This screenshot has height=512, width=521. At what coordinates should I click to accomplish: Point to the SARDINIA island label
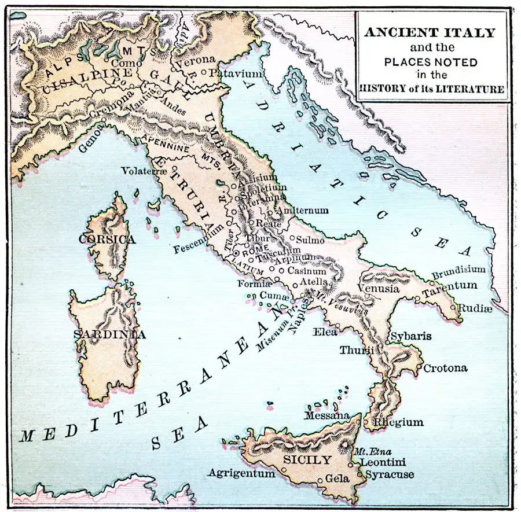tap(110, 335)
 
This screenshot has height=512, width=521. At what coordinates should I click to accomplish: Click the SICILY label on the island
tap(307, 461)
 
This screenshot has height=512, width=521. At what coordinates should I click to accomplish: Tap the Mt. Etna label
tap(368, 452)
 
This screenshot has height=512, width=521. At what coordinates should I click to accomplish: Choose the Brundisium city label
tap(458, 270)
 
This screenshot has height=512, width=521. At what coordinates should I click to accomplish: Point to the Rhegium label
tap(398, 423)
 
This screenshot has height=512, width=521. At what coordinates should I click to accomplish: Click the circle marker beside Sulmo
tap(292, 238)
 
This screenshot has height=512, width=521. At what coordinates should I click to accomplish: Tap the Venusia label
tap(379, 288)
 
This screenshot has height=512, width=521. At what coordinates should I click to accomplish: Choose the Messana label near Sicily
tap(328, 415)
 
